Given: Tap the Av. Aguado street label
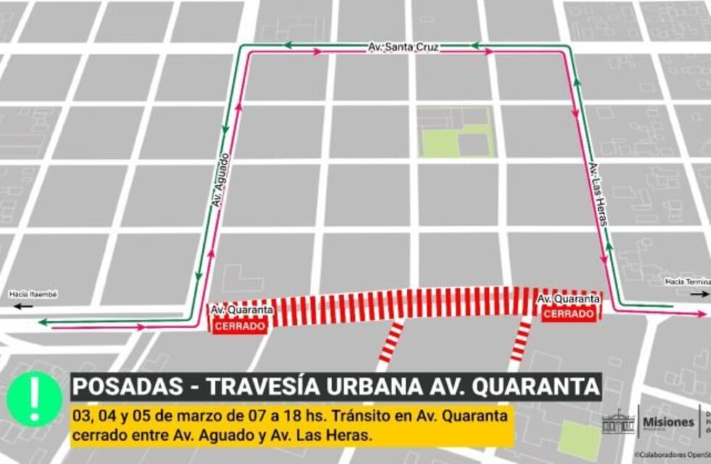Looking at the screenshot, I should point(221,181).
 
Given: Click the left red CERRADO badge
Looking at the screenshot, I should point(239,326).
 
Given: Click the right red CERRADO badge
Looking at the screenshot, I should point(569,313).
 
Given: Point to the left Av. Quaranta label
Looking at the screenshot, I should point(242,310).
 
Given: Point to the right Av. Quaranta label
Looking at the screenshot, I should point(568,298).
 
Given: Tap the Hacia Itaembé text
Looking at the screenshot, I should point(33,294).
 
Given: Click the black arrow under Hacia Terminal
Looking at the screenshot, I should point(699,294).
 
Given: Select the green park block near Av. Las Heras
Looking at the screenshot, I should point(456,132).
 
